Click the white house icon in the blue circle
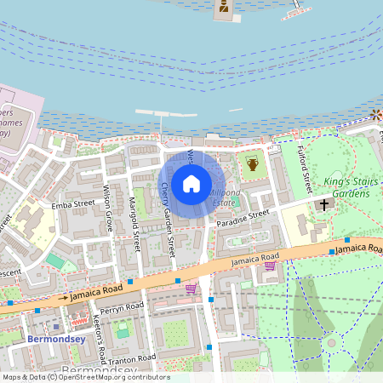coord(191,184)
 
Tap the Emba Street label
coord(72,204)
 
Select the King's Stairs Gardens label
coord(346,187)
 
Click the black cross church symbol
coord(323,204)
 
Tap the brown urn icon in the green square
coord(252,163)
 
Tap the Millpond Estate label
coord(223,197)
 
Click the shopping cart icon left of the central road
coord(191,289)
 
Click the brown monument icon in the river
coord(225,9)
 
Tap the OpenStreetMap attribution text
coord(85,377)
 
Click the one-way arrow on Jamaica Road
coord(63,298)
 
